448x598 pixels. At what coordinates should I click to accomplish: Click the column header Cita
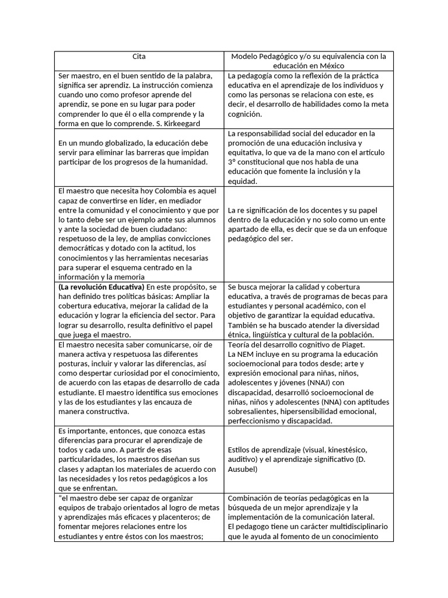pyautogui.click(x=139, y=57)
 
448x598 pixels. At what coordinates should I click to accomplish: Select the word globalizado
pyautogui.click(x=118, y=142)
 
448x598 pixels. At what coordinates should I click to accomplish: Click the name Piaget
pyautogui.click(x=366, y=345)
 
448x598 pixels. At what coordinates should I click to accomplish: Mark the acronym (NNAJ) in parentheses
pyautogui.click(x=315, y=383)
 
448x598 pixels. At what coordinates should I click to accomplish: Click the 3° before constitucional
pyautogui.click(x=232, y=162)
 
